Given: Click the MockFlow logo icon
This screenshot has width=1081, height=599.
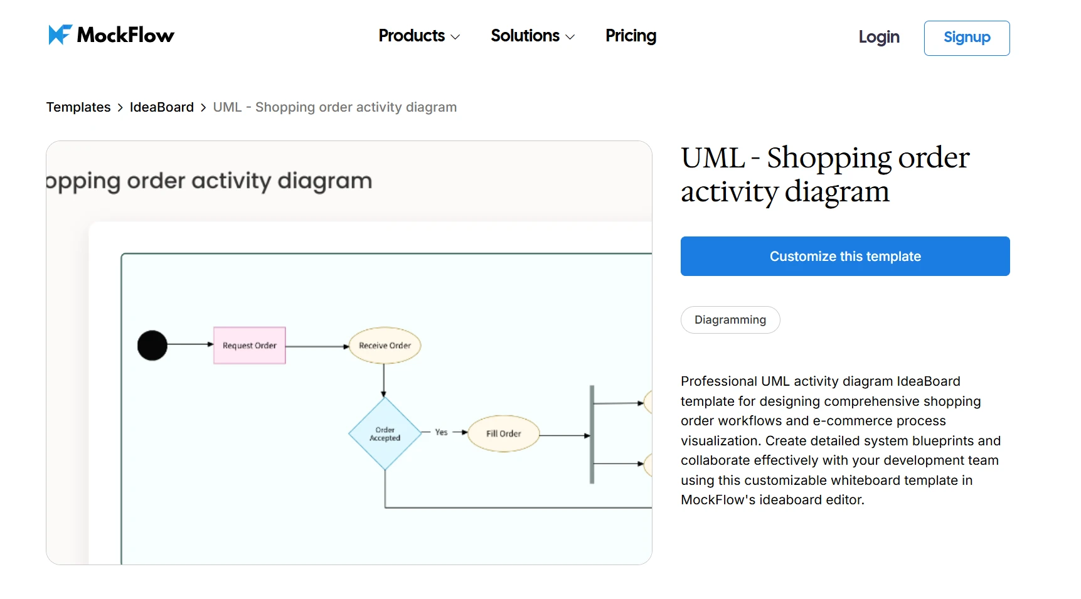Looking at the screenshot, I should point(60,35).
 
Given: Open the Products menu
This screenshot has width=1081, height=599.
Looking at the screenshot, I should point(418,36).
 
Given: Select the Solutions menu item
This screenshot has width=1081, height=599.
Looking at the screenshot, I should point(532,36).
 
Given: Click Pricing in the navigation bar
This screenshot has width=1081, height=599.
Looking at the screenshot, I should point(631,36).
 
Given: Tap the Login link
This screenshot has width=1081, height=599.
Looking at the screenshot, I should point(878,38).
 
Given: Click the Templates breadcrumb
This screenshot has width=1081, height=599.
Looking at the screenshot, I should point(78,107).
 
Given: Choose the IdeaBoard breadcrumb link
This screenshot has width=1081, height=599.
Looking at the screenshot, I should point(161,107).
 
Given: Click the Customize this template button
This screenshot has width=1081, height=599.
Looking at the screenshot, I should point(844,257).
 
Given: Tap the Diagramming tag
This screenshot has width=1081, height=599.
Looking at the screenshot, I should point(730,320).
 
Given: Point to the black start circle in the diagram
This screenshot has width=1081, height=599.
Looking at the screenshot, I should point(152,346).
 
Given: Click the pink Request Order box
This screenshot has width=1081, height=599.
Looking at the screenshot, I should point(250,346).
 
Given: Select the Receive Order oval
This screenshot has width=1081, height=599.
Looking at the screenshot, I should point(385,346).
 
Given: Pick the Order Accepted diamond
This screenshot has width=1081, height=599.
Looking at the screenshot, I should point(385,434).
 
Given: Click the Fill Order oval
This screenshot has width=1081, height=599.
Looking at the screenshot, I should point(503,433).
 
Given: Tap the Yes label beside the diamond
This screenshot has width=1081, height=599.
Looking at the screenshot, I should point(441,432).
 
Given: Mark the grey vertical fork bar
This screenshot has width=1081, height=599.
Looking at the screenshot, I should point(592,434).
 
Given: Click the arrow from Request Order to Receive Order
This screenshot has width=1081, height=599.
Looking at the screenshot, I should point(317,346).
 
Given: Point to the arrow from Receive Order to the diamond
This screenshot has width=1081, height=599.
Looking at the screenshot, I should point(384,380).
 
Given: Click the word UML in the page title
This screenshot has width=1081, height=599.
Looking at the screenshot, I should point(713,158).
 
